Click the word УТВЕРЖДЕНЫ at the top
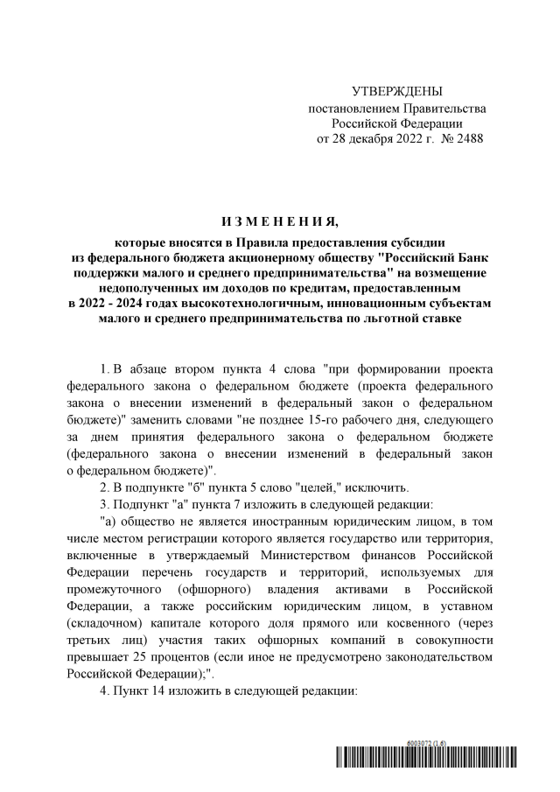tap(396, 92)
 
